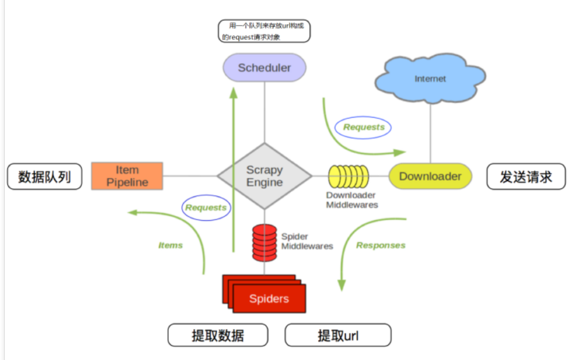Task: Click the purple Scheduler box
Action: pyautogui.click(x=264, y=68)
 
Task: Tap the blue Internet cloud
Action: pyautogui.click(x=430, y=78)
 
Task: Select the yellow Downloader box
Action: pyautogui.click(x=430, y=176)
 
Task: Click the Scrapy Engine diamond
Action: pyautogui.click(x=265, y=176)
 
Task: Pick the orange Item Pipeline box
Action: pyautogui.click(x=127, y=176)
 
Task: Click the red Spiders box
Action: pyautogui.click(x=265, y=294)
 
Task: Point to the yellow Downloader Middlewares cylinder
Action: pyautogui.click(x=348, y=177)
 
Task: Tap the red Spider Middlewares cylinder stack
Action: pyautogui.click(x=265, y=243)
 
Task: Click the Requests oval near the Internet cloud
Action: pyautogui.click(x=363, y=127)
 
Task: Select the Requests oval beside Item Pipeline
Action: pyautogui.click(x=206, y=208)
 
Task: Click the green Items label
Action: pyautogui.click(x=171, y=245)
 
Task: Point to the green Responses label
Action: pyautogui.click(x=381, y=245)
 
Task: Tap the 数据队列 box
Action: pyautogui.click(x=45, y=177)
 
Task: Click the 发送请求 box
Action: pyautogui.click(x=526, y=177)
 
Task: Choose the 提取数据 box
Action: pyautogui.click(x=218, y=335)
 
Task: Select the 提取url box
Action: pyautogui.click(x=338, y=335)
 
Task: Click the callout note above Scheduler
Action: pyautogui.click(x=264, y=31)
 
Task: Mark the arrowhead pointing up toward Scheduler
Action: pyautogui.click(x=234, y=93)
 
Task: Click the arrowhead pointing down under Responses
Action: pyautogui.click(x=342, y=285)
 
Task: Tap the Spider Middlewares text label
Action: pyautogui.click(x=307, y=241)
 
